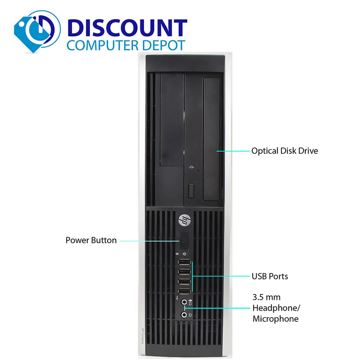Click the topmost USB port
(184, 262)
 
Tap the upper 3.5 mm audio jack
(184, 302)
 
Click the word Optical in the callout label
(265, 151)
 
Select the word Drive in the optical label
(308, 151)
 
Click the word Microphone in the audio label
(275, 319)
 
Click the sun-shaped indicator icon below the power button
(184, 254)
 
